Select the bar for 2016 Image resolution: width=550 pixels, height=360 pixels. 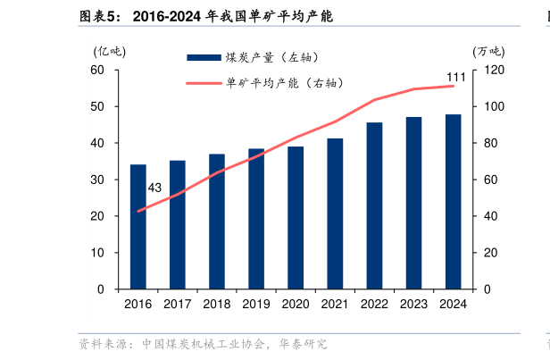coord(138,227)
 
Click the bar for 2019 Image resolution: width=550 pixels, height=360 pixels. coord(256,219)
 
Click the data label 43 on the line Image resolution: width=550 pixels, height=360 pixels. coord(154,188)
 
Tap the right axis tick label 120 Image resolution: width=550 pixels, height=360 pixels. coord(494,70)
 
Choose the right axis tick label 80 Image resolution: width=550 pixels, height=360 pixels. coord(491,143)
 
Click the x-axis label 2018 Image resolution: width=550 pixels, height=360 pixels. coord(217,304)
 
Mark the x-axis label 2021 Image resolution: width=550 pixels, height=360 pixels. coord(335,304)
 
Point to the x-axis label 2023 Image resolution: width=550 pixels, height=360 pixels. coord(413,304)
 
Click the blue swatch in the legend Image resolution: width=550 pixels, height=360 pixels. coord(203,57)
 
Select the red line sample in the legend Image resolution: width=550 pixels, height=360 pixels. coord(203,84)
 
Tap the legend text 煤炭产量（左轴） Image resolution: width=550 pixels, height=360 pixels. coord(273,57)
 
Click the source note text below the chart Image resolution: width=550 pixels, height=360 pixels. coord(203,344)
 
